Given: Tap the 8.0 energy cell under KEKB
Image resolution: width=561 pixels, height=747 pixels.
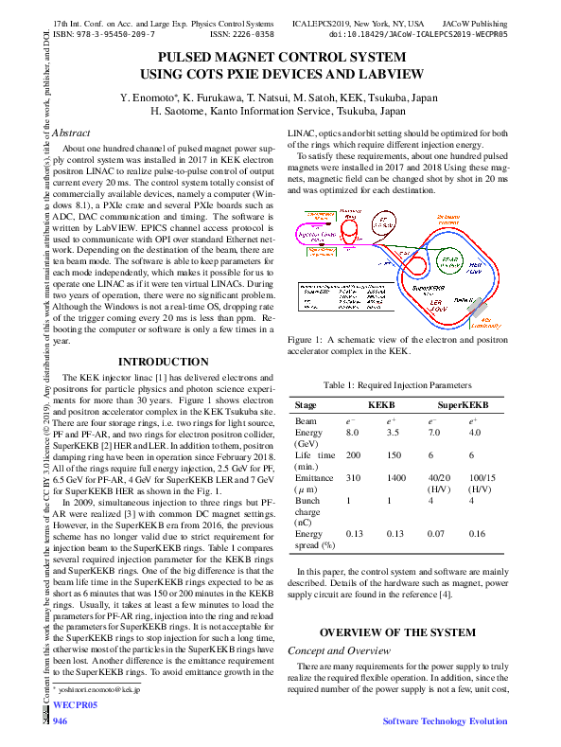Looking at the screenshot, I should (352, 431).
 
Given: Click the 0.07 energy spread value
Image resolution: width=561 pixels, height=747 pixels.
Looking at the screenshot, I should (436, 534).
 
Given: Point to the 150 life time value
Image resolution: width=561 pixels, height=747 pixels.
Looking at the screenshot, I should (393, 454).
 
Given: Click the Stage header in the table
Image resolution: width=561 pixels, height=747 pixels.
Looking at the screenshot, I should (306, 404).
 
